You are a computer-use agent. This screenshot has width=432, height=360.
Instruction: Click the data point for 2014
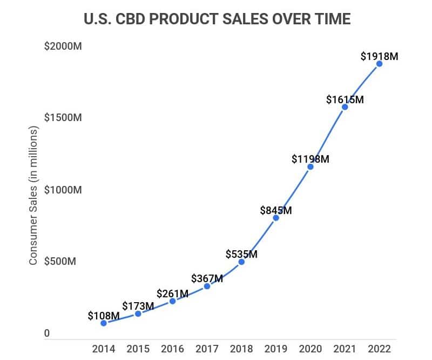104,323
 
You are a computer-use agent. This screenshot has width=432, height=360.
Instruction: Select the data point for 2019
276,218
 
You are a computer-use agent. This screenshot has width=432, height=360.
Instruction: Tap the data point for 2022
380,64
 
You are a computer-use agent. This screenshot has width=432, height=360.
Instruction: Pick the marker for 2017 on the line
207,286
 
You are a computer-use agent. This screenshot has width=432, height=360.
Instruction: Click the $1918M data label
379,55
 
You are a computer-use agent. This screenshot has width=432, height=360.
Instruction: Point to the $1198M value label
310,159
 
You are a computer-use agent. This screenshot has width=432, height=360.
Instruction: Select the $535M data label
241,253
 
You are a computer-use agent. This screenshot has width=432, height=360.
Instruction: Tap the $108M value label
104,316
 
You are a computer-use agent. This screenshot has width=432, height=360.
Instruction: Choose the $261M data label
172,294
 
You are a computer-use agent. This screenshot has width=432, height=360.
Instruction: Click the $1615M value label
345,99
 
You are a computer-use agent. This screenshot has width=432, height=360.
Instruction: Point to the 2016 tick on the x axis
172,349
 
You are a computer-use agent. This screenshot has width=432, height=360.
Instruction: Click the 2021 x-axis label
345,349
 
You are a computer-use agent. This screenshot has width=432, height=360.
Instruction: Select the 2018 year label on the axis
241,349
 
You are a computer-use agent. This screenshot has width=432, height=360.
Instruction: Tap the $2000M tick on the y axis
63,46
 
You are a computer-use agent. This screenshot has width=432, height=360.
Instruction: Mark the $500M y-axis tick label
60,262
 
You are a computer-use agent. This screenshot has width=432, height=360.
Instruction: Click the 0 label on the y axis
47,334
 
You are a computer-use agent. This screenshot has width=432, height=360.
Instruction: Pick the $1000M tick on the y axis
63,190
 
